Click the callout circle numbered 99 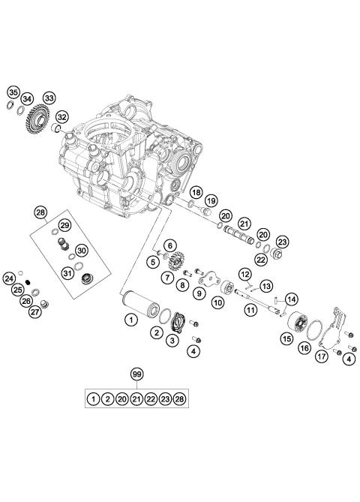click(x=136, y=374)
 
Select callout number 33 click(x=49, y=98)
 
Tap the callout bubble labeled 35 click(x=13, y=92)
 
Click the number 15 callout click(x=287, y=339)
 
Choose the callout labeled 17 click(x=321, y=358)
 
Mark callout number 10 click(x=218, y=303)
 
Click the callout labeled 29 click(x=64, y=225)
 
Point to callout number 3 click(x=174, y=341)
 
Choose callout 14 click(x=290, y=299)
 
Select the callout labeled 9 click(x=199, y=294)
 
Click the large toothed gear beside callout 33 click(x=36, y=122)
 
